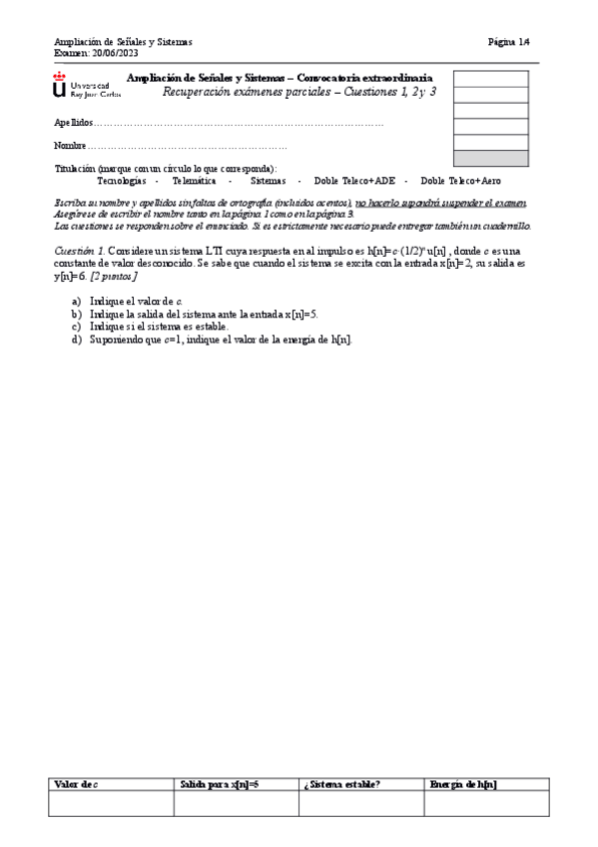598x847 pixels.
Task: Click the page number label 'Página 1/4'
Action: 509,42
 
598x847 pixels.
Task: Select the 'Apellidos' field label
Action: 73,123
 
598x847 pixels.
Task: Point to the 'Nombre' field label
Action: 70,147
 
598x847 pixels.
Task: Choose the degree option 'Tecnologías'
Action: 121,181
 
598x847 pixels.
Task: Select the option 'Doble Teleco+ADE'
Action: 354,181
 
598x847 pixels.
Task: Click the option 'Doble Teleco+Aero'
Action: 461,181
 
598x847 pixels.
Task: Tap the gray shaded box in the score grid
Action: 491,158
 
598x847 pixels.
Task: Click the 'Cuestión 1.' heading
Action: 79,250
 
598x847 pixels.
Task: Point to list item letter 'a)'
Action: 77,301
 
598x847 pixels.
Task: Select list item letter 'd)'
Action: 77,340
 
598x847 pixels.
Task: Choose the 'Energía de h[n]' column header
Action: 464,784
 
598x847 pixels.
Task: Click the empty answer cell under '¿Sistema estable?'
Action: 360,804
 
